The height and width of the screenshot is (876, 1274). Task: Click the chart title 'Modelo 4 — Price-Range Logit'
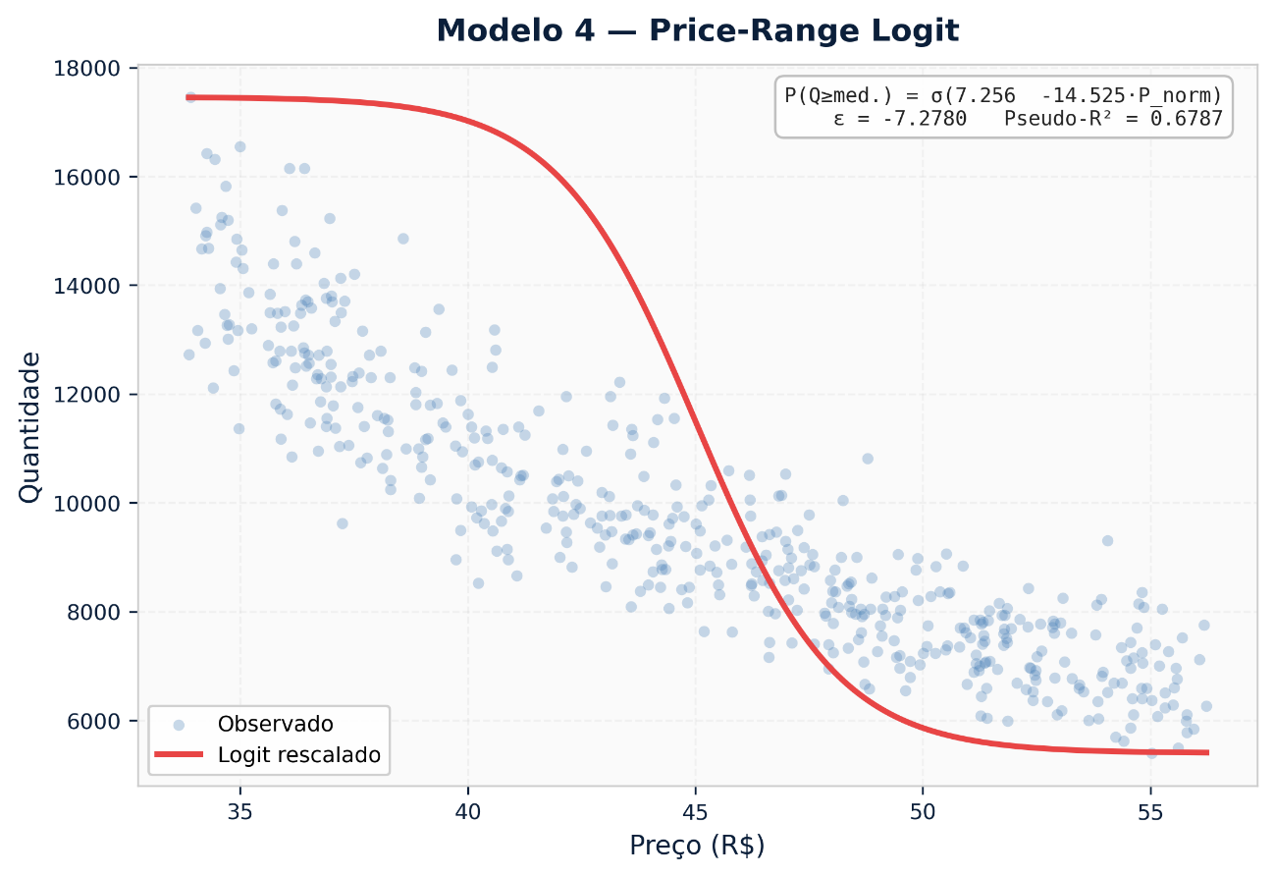coord(697,31)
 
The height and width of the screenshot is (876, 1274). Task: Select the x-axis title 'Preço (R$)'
coord(697,846)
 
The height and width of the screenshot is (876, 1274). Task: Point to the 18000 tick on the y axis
coord(92,69)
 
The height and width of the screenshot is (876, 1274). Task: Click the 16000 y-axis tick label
coord(92,178)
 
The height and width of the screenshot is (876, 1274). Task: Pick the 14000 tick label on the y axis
coord(92,287)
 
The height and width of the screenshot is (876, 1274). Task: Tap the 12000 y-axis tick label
coord(92,395)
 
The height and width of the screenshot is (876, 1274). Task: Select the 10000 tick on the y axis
coord(92,504)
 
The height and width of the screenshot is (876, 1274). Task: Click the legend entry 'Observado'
coord(275,725)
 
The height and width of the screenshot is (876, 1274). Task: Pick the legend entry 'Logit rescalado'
coord(299,756)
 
